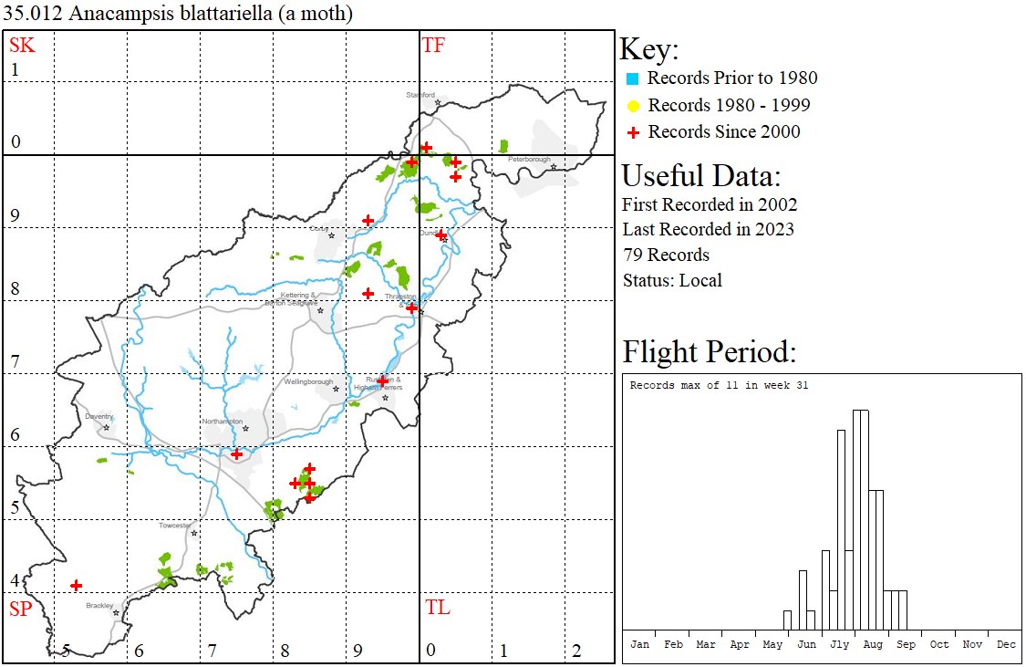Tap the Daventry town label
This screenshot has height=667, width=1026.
[x=98, y=416]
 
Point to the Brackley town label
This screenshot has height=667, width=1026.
[x=99, y=605]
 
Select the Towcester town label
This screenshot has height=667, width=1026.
[x=175, y=526]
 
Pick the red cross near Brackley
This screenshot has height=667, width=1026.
[x=77, y=585]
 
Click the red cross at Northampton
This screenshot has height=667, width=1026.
[x=237, y=453]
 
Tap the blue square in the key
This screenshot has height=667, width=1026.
[x=632, y=78]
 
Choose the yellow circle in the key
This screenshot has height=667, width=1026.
[x=632, y=106]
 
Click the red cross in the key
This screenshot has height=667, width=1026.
[x=632, y=132]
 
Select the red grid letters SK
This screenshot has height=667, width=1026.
[x=22, y=45]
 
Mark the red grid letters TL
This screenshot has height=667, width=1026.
[x=438, y=608]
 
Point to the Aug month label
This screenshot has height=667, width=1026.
[x=873, y=644]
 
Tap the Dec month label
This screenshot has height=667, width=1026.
[x=1006, y=644]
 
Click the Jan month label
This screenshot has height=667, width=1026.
[x=640, y=644]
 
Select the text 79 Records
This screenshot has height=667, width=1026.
[x=666, y=255]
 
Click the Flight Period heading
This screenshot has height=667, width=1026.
[x=710, y=352]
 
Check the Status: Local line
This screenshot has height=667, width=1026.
[x=672, y=280]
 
